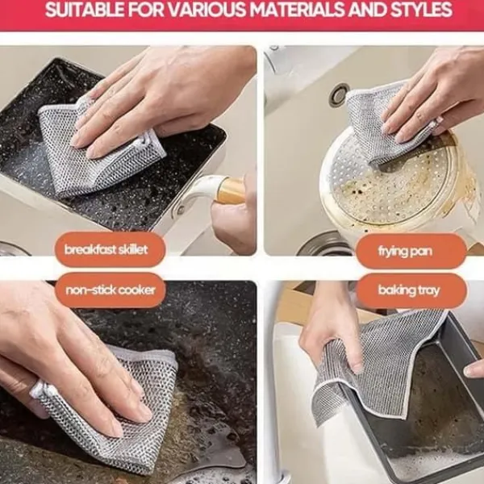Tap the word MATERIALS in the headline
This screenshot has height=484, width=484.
click(296, 10)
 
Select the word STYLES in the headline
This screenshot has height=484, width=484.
click(421, 10)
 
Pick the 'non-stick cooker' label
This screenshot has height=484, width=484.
click(111, 290)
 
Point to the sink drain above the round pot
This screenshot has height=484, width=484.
click(339, 94)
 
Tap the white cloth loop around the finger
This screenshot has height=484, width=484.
click(40, 390)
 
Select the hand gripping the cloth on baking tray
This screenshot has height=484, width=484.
click(330, 336)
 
